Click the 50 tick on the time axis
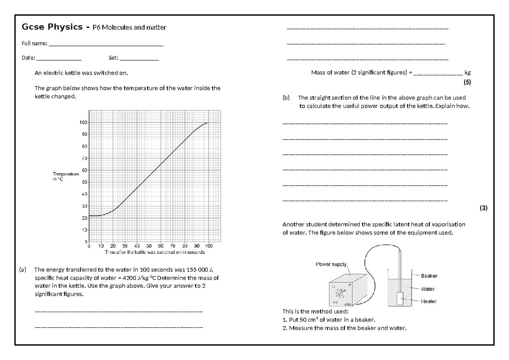tap(149, 245)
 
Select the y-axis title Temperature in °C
tap(66, 176)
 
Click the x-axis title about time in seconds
tap(149, 252)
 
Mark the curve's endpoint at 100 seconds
tap(208, 123)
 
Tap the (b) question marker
tap(286, 98)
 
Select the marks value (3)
tap(484, 208)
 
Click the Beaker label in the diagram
tap(429, 276)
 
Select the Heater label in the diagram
tap(428, 301)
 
